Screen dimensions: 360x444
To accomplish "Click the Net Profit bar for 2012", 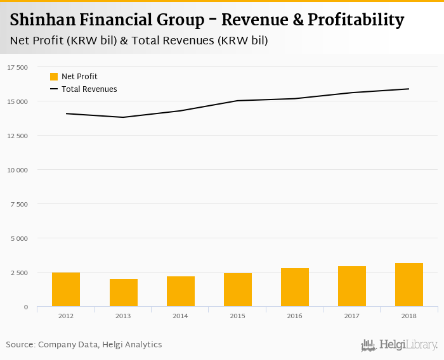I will [x=66, y=290].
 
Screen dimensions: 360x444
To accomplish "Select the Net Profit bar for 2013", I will [x=123, y=293].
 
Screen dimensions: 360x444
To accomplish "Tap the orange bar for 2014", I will [x=180, y=292].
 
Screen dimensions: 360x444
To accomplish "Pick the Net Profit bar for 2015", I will [x=237, y=290].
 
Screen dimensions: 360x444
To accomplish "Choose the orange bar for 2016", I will [x=294, y=287].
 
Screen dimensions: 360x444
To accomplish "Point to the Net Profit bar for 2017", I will [x=351, y=286].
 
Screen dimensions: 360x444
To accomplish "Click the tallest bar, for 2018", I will [x=408, y=285].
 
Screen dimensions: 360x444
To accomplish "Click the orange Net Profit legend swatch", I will [x=54, y=77].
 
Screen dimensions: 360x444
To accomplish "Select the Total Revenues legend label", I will [x=89, y=89].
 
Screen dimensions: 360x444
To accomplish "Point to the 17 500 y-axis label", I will [x=17, y=67].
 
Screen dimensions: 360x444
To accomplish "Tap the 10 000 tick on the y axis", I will [x=17, y=170].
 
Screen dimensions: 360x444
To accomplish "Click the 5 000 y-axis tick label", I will [x=19, y=238].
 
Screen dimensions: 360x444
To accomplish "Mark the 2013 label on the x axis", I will [x=123, y=315].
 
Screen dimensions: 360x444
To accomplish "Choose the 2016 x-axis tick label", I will [x=294, y=315].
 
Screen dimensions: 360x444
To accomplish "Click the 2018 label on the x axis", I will [x=408, y=315].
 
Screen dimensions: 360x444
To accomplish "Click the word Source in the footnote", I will [x=20, y=345].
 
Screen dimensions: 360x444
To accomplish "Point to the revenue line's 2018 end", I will [x=408, y=89].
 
